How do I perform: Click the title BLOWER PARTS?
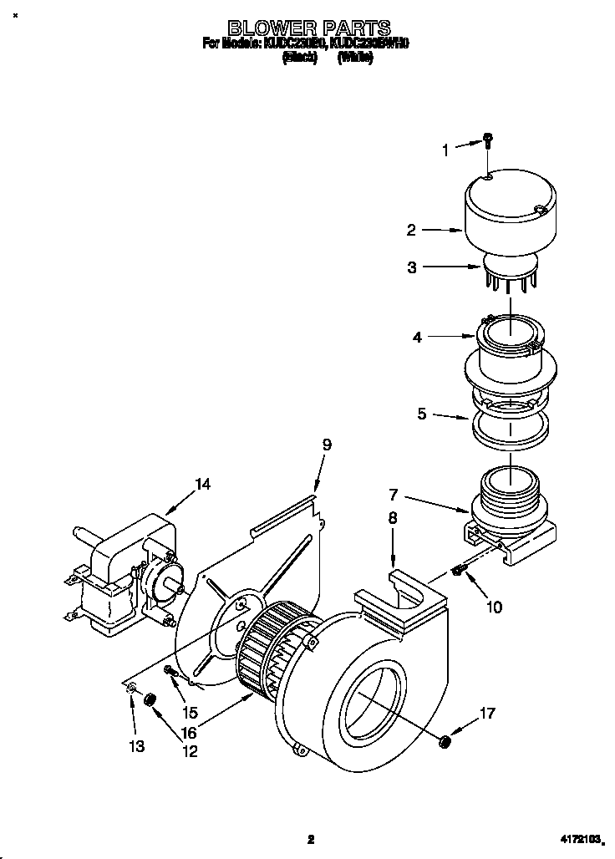point(309,29)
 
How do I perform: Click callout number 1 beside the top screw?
point(445,150)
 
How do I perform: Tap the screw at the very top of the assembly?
point(489,143)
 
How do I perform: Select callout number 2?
point(411,229)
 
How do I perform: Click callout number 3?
point(411,267)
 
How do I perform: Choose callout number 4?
point(417,338)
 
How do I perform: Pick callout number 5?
point(422,412)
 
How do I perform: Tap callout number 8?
point(393,518)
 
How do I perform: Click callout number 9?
point(327,445)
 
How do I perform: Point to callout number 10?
point(494,607)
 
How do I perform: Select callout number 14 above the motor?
point(201,484)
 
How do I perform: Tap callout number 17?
point(487,713)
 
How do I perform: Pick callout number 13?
point(135,746)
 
